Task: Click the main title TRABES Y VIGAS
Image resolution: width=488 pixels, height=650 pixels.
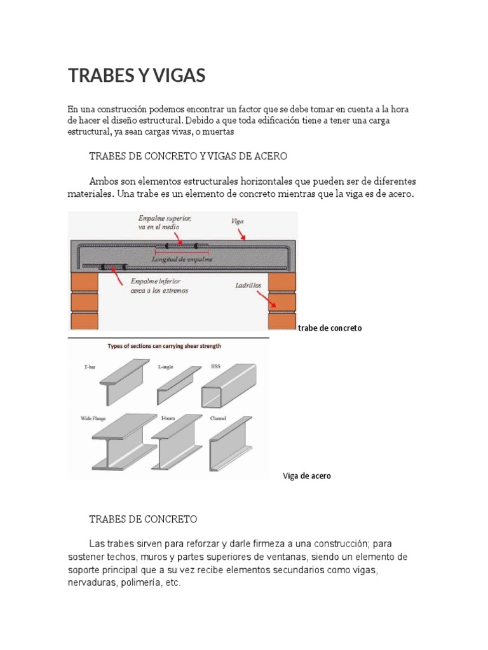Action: tap(137, 76)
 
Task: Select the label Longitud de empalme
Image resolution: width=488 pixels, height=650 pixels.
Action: tap(182, 259)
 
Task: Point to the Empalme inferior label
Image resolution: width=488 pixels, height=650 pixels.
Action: tap(155, 285)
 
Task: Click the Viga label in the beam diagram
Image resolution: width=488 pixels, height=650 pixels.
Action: tap(236, 222)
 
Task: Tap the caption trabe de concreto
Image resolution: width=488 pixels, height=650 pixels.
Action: tap(330, 328)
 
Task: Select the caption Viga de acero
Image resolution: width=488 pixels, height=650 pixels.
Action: tap(306, 476)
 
